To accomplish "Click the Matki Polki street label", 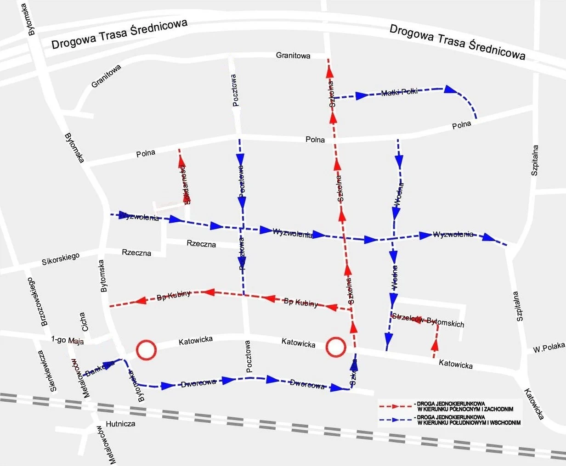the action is (x=399, y=92).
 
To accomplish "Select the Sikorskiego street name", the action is (x=61, y=259).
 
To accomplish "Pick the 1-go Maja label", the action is (x=64, y=340).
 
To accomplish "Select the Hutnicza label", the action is (x=120, y=424).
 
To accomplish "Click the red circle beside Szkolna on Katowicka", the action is (x=335, y=347).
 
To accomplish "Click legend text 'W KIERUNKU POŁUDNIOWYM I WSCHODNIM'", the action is (x=469, y=423).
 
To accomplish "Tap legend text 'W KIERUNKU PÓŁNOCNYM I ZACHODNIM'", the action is (x=465, y=409).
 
